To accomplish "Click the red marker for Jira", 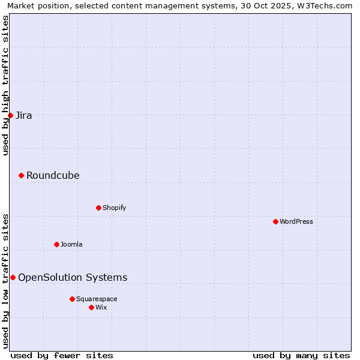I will click(x=10, y=115).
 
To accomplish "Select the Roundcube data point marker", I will click(x=21, y=175).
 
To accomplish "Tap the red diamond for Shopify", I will click(x=98, y=208).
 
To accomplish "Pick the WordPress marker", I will click(x=275, y=221).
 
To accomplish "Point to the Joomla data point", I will click(x=56, y=244).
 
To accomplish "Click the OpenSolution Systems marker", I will click(x=13, y=277).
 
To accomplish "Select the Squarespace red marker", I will click(x=72, y=299).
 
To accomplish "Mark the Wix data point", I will click(x=91, y=307).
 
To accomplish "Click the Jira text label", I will click(x=24, y=115).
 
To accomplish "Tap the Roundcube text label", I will click(x=53, y=175).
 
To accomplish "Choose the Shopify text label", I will click(x=115, y=208).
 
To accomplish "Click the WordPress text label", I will click(x=296, y=221).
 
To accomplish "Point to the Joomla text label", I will click(x=71, y=244).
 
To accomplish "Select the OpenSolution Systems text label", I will click(x=73, y=277).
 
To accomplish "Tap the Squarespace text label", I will click(x=97, y=299).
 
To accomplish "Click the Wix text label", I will click(x=101, y=307).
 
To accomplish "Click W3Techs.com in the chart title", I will click(x=326, y=6).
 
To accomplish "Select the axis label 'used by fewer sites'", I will click(x=62, y=355).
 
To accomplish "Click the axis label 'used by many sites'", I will click(x=301, y=355).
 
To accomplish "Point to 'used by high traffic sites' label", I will click(x=5, y=85).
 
